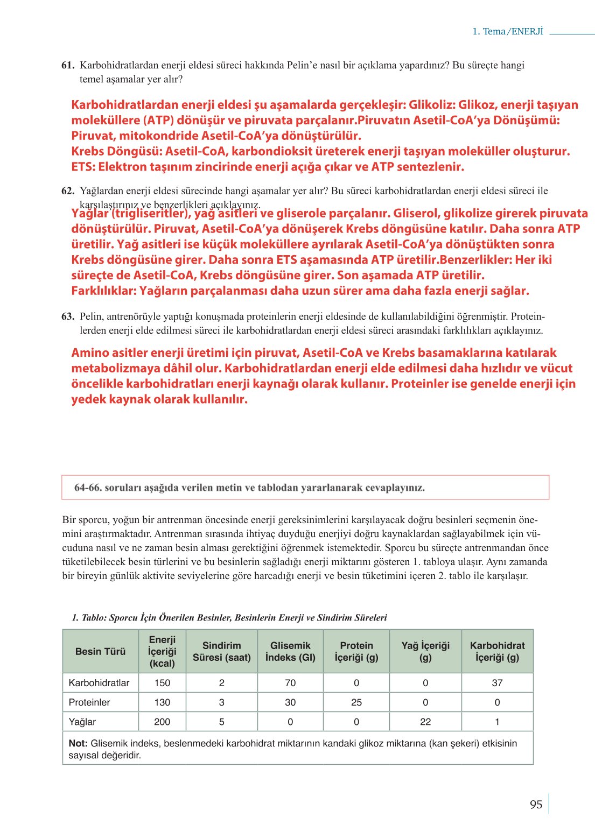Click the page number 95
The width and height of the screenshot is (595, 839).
click(x=536, y=805)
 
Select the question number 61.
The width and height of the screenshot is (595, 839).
click(x=68, y=65)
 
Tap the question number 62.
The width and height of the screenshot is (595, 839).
click(x=68, y=191)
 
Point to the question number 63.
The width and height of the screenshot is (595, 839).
click(x=68, y=316)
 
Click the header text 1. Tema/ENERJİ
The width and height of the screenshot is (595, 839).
click(x=508, y=31)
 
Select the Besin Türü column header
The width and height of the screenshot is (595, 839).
click(x=100, y=651)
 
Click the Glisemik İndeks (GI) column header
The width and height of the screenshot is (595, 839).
click(x=290, y=651)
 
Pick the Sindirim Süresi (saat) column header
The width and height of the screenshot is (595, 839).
click(x=222, y=651)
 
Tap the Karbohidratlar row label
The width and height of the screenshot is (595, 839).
click(x=99, y=683)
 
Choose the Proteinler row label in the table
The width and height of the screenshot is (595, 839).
click(x=89, y=702)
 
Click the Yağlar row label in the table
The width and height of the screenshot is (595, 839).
click(x=82, y=722)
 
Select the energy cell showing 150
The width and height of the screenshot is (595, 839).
click(x=162, y=683)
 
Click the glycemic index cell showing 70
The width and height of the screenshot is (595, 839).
click(x=290, y=683)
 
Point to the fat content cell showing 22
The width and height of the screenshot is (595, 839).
click(x=425, y=722)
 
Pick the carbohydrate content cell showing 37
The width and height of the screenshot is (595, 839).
click(x=497, y=683)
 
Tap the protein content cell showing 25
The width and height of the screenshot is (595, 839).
click(x=356, y=702)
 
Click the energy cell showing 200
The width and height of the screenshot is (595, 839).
click(x=162, y=722)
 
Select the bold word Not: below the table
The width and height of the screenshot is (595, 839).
click(x=78, y=743)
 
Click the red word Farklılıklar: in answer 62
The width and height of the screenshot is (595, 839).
click(x=103, y=291)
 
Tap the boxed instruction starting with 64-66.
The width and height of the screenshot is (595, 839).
click(x=249, y=488)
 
